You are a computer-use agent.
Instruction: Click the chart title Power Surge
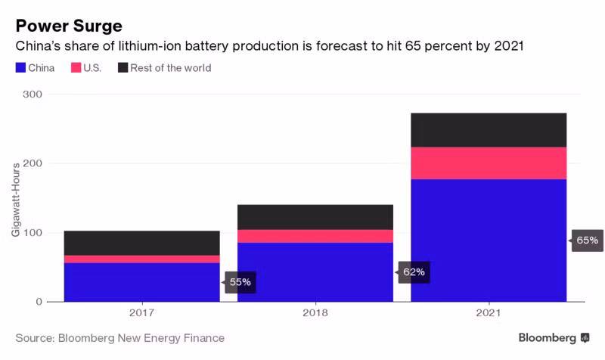pyautogui.click(x=69, y=26)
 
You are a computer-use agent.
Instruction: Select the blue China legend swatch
pyautogui.click(x=20, y=68)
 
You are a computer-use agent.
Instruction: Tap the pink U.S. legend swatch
pyautogui.click(x=76, y=68)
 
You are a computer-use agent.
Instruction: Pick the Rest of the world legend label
pyautogui.click(x=171, y=68)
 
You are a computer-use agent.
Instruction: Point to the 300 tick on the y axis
pyautogui.click(x=33, y=94)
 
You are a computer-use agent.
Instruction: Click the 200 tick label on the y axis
pyautogui.click(x=33, y=163)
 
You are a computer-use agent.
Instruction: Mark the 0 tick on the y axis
pyautogui.click(x=39, y=302)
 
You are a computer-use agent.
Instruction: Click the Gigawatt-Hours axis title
pyautogui.click(x=15, y=200)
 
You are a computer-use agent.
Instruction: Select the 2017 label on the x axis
pyautogui.click(x=142, y=312)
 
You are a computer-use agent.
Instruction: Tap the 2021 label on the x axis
pyautogui.click(x=489, y=312)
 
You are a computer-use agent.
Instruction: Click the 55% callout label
pyautogui.click(x=240, y=282)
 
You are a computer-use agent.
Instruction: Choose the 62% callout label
pyautogui.click(x=414, y=272)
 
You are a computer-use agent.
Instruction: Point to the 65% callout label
pyautogui.click(x=587, y=241)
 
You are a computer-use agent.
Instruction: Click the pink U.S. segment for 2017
pyautogui.click(x=142, y=259)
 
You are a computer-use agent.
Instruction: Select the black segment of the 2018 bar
pyautogui.click(x=315, y=217)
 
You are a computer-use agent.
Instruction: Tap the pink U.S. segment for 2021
pyautogui.click(x=489, y=163)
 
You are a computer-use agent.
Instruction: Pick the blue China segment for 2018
pyautogui.click(x=315, y=272)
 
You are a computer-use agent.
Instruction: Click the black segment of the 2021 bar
pyautogui.click(x=489, y=130)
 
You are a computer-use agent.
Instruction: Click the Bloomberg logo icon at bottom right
pyautogui.click(x=585, y=338)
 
